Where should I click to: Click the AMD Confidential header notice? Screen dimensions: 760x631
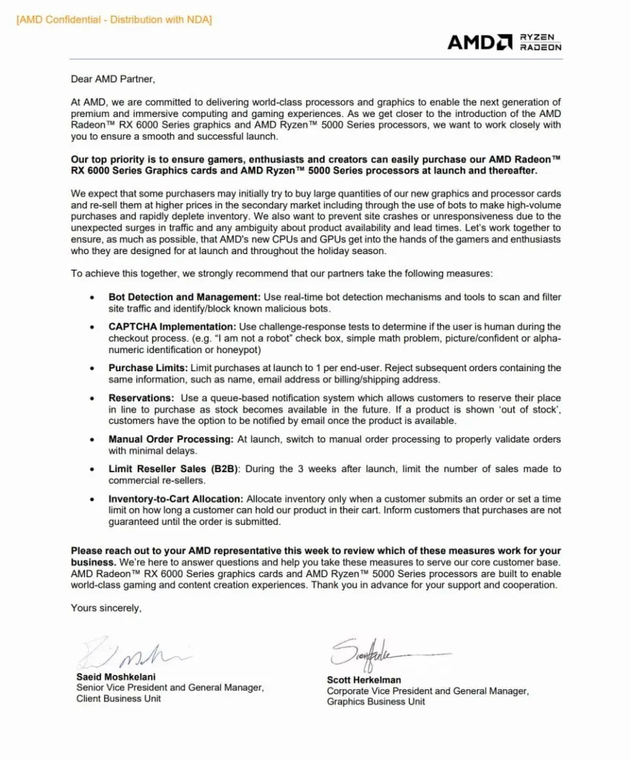(114, 20)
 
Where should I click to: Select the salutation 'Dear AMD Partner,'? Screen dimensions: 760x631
(113, 79)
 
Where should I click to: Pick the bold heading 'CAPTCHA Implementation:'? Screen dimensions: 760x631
(172, 327)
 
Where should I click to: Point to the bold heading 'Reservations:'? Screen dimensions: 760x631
(141, 398)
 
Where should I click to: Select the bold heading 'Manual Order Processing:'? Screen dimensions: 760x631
(171, 439)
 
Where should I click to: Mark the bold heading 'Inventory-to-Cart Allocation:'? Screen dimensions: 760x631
(176, 499)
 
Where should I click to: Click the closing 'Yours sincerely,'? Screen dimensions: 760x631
(106, 609)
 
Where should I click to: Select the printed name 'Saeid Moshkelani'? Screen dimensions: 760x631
(116, 677)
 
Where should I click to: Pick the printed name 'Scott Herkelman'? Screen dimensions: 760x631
(365, 680)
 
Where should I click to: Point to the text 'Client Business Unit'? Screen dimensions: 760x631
(118, 699)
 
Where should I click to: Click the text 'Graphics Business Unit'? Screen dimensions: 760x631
(376, 701)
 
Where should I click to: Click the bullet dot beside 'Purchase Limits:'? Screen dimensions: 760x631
(94, 369)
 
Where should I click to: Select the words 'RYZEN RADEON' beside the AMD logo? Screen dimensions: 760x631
(540, 42)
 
